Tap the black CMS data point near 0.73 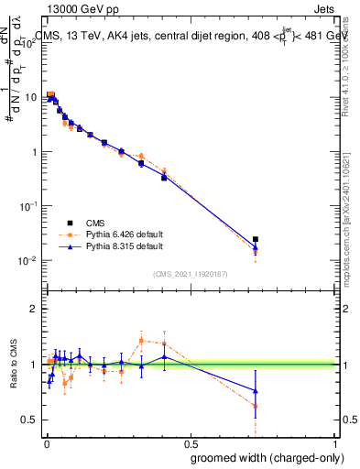point(256,239)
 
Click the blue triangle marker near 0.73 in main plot point(256,247)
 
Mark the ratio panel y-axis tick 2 point(34,309)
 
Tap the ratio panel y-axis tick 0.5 point(30,420)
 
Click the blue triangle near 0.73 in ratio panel point(256,390)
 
